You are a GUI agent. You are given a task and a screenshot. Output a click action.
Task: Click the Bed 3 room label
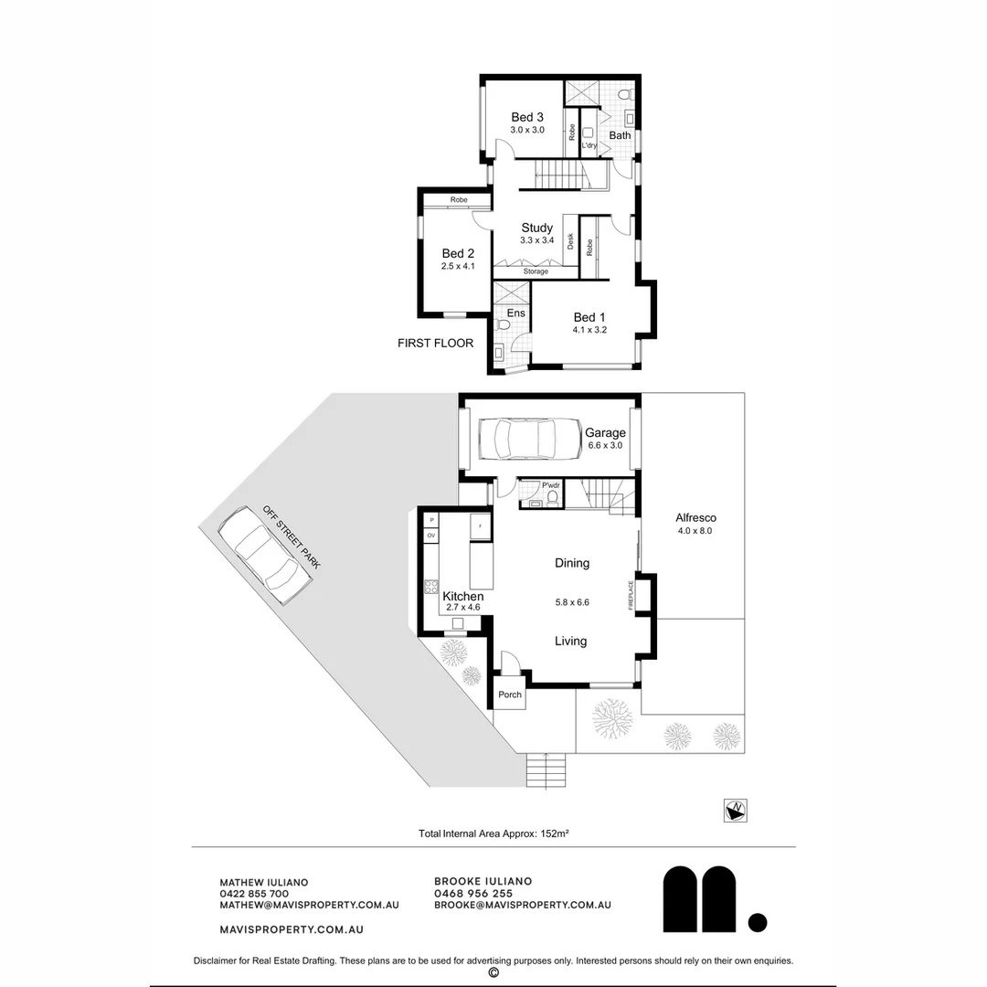pos(527,117)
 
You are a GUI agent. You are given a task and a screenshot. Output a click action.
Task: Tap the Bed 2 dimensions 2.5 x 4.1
pos(458,267)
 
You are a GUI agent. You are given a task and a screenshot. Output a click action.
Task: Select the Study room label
pos(536,228)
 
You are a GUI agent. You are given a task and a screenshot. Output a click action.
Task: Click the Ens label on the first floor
pos(516,313)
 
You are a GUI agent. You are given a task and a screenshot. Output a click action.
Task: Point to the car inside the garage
pos(527,439)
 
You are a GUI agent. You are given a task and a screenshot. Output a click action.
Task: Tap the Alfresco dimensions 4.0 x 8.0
pos(695,531)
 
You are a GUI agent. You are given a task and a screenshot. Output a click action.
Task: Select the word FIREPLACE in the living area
pos(631,595)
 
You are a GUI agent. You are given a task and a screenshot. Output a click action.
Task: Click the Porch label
pos(510,695)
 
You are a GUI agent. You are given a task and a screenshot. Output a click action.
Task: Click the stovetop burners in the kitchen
pos(431,587)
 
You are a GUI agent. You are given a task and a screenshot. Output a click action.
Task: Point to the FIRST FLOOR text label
pos(435,344)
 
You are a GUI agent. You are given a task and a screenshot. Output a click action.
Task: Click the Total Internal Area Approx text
pos(493,833)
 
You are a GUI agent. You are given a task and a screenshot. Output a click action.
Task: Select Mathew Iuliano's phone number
pos(254,894)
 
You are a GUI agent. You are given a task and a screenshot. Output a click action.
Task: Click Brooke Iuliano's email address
pos(522,905)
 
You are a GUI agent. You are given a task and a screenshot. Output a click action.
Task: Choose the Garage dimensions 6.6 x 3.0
pos(605,446)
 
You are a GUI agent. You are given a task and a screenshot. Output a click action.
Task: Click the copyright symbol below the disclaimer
pos(493,973)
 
